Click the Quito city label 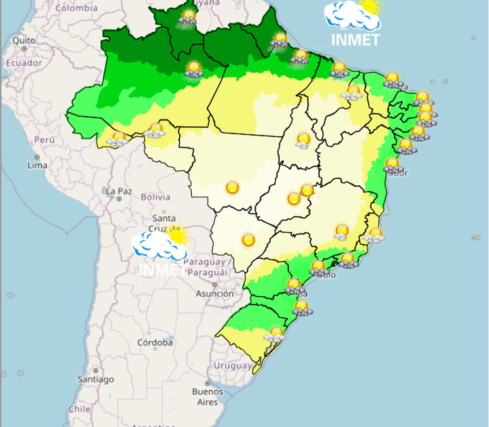[x=24, y=40]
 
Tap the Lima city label [x=37, y=165]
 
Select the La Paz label [x=119, y=191]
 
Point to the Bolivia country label [x=155, y=197]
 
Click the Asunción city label [x=215, y=293]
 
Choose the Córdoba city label [x=155, y=342]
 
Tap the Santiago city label [x=96, y=379]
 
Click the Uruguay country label [x=233, y=366]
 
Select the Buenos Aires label [x=207, y=396]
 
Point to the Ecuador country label [x=24, y=63]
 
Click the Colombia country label [x=76, y=8]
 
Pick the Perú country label [x=44, y=140]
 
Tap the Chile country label [x=79, y=409]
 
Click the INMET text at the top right [x=355, y=40]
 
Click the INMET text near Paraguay [x=162, y=269]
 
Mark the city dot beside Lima [x=37, y=157]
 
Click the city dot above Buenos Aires [x=207, y=383]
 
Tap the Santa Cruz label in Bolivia [x=164, y=219]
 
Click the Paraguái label [x=208, y=272]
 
